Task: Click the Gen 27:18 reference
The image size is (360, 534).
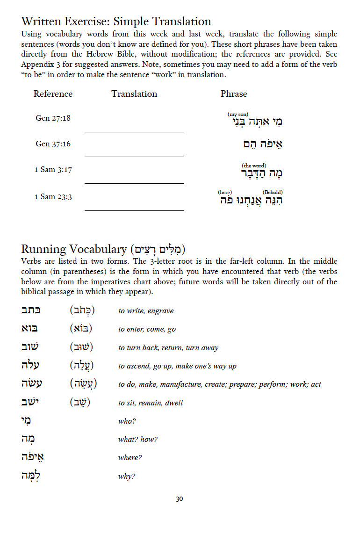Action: pos(53,118)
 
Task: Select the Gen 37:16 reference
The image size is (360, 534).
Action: pos(53,144)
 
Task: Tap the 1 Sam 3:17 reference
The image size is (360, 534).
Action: pos(53,170)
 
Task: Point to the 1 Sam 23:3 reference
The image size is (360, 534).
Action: pos(53,197)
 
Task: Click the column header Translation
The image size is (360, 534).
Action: pos(134,94)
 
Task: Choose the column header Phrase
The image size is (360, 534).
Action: pos(234,94)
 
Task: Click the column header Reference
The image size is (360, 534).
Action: pos(53,94)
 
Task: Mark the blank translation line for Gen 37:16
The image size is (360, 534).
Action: pos(134,156)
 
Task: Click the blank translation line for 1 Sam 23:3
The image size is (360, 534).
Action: pos(134,210)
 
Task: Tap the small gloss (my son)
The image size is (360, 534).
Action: pos(238,114)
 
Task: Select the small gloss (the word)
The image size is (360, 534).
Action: pos(254,166)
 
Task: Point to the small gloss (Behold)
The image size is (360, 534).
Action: pos(273,192)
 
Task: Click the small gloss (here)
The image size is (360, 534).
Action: pos(225,192)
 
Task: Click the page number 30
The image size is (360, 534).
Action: pos(180,499)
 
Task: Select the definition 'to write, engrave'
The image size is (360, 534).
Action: pos(146,311)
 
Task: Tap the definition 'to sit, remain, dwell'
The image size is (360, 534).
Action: pos(151,403)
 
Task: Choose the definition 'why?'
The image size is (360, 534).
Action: pos(127,476)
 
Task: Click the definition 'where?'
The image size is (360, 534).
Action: pos(130,458)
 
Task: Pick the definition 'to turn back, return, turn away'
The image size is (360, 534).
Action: pos(168,348)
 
